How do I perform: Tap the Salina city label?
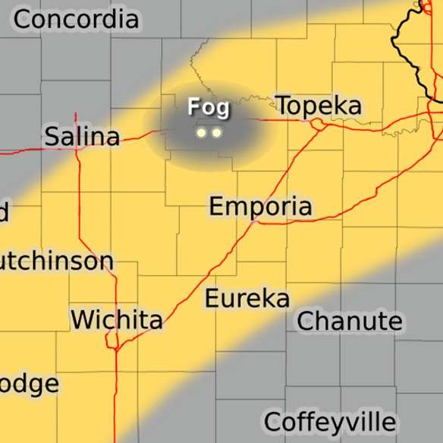click(82, 137)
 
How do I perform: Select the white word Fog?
click(208, 107)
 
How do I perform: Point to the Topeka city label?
click(318, 106)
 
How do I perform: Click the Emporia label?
click(260, 206)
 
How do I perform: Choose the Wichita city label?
click(116, 319)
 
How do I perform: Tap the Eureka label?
click(247, 299)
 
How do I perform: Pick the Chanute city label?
click(349, 321)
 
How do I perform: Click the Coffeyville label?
click(329, 422)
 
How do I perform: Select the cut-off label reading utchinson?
click(56, 262)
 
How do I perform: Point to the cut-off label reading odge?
click(29, 383)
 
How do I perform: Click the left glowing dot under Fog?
click(201, 133)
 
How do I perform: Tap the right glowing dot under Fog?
click(216, 133)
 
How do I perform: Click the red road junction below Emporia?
click(256, 222)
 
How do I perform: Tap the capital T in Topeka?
click(283, 106)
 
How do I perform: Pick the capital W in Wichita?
click(82, 319)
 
